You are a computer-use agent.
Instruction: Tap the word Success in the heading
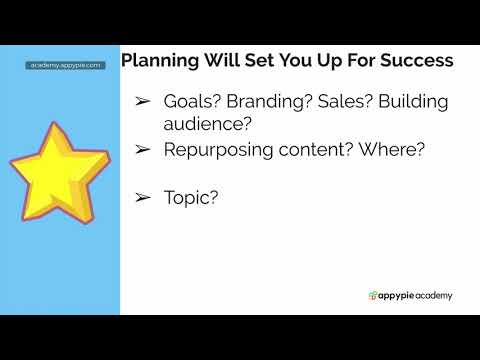[x=415, y=61]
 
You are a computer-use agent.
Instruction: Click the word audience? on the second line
[x=209, y=125]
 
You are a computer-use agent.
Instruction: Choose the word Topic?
[x=191, y=198]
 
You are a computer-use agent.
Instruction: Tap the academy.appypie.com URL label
[x=65, y=65]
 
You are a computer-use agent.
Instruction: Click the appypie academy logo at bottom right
[x=410, y=295]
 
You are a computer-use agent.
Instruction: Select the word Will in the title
[x=219, y=61]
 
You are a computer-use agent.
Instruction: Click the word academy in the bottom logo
[x=432, y=295]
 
